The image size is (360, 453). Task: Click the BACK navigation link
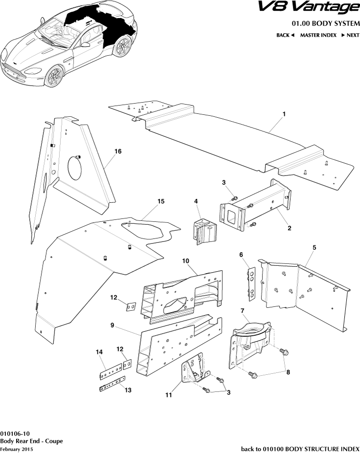[x=285, y=35]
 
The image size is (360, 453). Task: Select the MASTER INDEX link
[x=318, y=35]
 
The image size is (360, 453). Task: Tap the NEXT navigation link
[x=350, y=35]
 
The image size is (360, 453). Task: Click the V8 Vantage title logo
[x=314, y=8]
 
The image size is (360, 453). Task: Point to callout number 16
[x=117, y=151]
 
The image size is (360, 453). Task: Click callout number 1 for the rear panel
[x=284, y=113]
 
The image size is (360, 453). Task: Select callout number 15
[x=160, y=201]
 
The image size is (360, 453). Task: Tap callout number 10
[x=186, y=261]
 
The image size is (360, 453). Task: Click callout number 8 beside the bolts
[x=287, y=372]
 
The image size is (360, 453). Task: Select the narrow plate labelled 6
[x=251, y=283]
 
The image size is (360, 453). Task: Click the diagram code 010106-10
[x=15, y=433]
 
